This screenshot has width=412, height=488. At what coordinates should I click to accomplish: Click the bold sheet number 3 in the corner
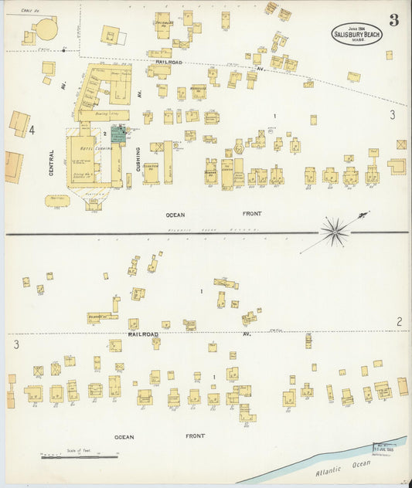pyautogui.click(x=393, y=20)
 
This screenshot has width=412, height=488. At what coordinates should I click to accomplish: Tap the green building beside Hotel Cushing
pyautogui.click(x=118, y=134)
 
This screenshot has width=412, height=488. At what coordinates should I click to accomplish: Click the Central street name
pyautogui.click(x=52, y=163)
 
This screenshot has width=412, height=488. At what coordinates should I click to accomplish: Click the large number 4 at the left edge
pyautogui.click(x=32, y=130)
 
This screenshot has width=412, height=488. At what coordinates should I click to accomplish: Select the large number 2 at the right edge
pyautogui.click(x=399, y=321)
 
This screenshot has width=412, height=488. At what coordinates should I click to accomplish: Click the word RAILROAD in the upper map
pyautogui.click(x=168, y=61)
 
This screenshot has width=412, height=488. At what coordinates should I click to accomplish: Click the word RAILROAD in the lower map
pyautogui.click(x=143, y=334)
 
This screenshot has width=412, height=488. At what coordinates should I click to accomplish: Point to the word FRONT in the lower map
pyautogui.click(x=195, y=436)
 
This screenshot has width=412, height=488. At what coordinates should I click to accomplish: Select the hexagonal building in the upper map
pyautogui.click(x=239, y=147)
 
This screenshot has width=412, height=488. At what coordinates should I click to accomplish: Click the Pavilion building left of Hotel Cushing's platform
pyautogui.click(x=57, y=200)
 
